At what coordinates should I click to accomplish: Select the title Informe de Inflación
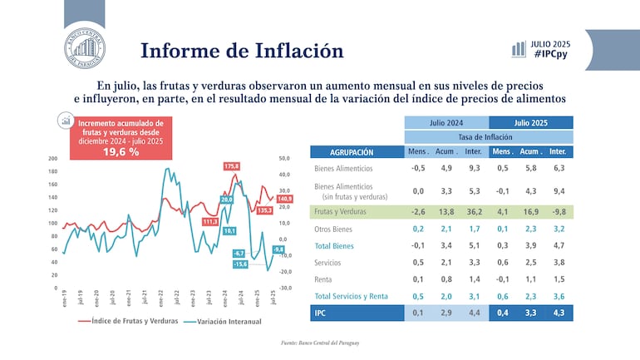(242, 50)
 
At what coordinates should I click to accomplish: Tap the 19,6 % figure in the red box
(121, 152)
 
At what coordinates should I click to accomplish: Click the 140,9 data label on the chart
(285, 199)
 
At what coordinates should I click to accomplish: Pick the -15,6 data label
(240, 264)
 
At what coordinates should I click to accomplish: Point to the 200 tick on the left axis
(52, 159)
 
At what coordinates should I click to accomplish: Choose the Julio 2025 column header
(530, 122)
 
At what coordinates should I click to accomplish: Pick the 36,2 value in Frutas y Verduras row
(474, 212)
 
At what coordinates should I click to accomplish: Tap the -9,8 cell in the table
(559, 212)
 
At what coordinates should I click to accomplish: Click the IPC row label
(321, 313)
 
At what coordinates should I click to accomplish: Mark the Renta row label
(324, 279)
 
